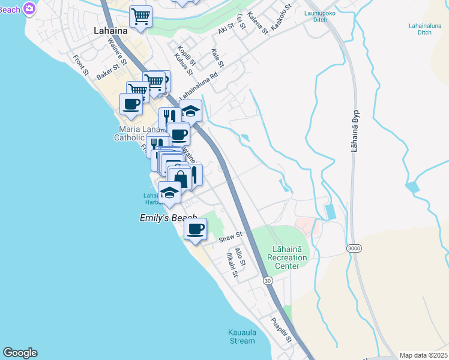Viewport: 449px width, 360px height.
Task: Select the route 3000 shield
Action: coord(354,247)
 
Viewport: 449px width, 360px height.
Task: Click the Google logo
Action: coord(20,353)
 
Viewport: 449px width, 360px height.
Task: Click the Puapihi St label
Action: coord(280,330)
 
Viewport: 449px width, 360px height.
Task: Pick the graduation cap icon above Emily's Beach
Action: coord(169,193)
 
